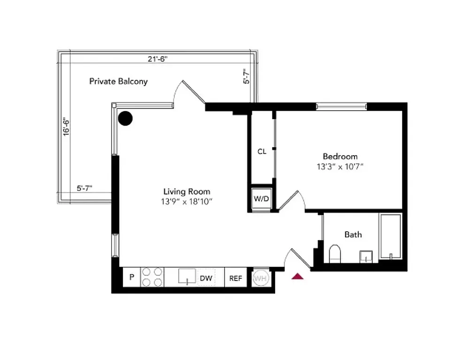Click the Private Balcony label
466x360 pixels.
click(119, 81)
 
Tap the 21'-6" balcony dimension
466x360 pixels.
click(157, 59)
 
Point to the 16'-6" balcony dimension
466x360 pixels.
click(67, 126)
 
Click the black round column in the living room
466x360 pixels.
click(125, 119)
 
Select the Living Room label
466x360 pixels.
click(187, 191)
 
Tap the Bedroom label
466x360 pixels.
click(340, 156)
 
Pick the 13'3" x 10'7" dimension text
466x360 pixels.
click(340, 166)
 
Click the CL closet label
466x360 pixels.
click(262, 151)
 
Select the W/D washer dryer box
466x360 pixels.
click(262, 199)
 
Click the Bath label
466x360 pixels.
click(353, 234)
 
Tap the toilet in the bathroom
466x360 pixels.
click(335, 255)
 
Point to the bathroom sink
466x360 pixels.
click(366, 257)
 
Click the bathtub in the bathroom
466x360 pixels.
click(390, 237)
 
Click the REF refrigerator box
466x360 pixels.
click(235, 278)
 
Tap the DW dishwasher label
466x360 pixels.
click(206, 277)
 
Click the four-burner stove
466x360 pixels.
click(152, 277)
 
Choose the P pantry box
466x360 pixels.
click(132, 277)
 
